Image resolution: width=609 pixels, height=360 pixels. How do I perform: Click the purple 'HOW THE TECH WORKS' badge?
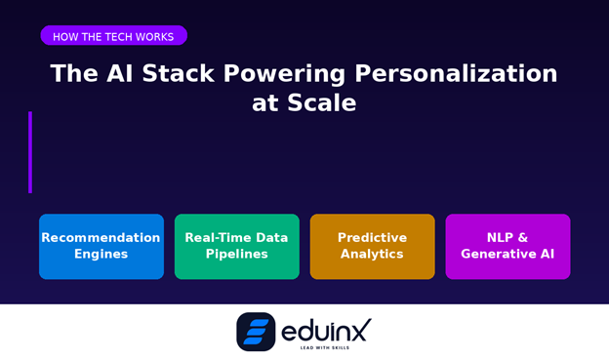click(113, 36)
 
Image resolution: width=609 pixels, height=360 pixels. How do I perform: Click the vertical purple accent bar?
click(30, 152)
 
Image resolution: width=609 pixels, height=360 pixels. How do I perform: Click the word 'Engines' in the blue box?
click(101, 255)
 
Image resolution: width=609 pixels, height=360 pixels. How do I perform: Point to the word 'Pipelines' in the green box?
click(237, 255)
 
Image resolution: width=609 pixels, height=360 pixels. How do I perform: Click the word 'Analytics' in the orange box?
click(373, 255)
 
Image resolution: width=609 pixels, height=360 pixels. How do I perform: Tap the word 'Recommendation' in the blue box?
click(101, 238)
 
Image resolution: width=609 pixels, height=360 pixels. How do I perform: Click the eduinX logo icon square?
click(256, 332)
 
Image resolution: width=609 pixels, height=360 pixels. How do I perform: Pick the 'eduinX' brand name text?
click(326, 329)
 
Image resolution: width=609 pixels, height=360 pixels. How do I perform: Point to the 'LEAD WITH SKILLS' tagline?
click(326, 347)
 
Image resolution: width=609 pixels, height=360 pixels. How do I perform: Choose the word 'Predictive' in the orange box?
click(373, 238)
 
